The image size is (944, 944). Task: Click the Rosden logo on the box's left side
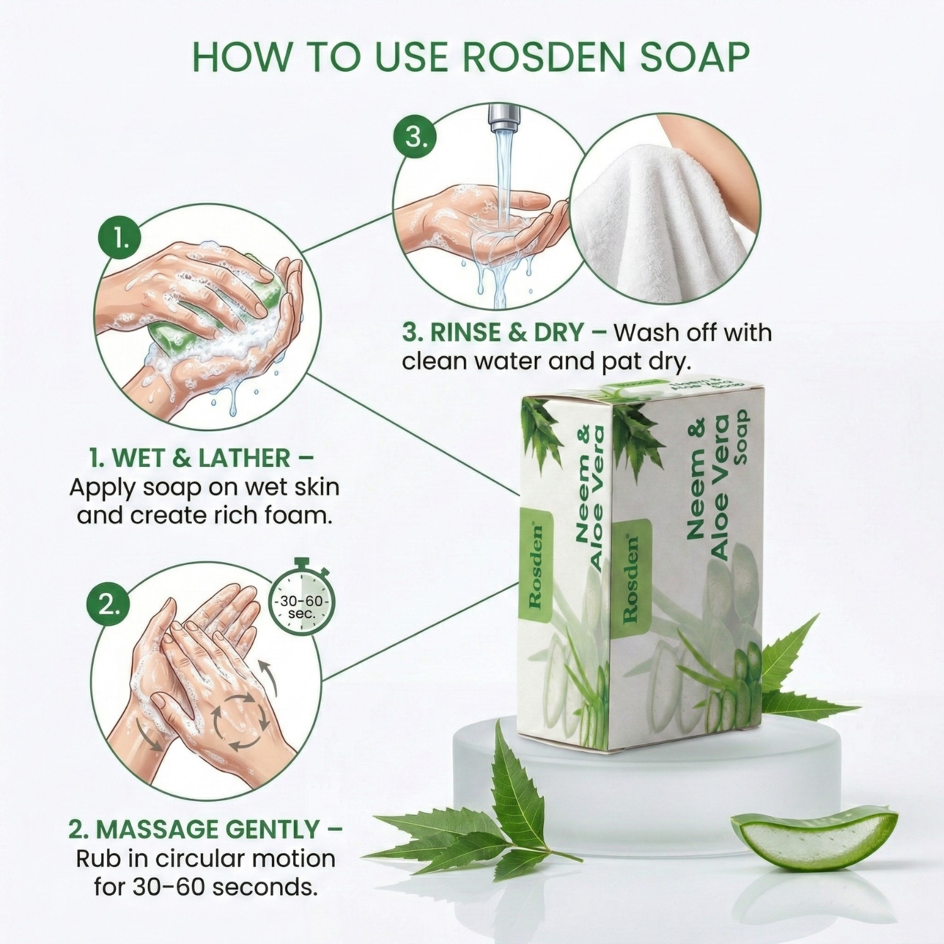pyautogui.click(x=536, y=566)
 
